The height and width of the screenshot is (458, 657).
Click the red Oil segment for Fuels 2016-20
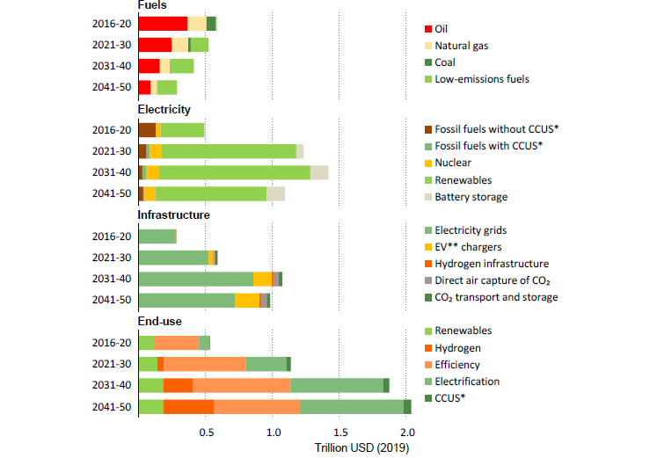[x=163, y=24]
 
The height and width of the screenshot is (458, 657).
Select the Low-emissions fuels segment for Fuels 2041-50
[x=166, y=87]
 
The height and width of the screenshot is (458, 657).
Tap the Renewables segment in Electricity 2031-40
[x=234, y=172]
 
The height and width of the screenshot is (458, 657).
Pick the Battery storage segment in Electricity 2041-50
[x=275, y=193]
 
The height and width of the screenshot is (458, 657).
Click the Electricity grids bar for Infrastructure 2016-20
[x=157, y=236]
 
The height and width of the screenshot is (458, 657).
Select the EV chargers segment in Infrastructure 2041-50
[x=247, y=300]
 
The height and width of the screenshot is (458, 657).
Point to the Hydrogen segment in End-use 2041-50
[x=188, y=406]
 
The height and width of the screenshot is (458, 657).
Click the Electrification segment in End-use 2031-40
[x=337, y=385]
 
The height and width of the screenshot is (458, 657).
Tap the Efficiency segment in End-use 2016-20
[x=177, y=343]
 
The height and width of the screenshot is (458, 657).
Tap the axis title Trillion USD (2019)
[x=362, y=447]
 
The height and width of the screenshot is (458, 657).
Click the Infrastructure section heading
[x=173, y=214]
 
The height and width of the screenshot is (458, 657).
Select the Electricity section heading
[x=164, y=109]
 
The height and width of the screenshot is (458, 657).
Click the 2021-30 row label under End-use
[x=112, y=364]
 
